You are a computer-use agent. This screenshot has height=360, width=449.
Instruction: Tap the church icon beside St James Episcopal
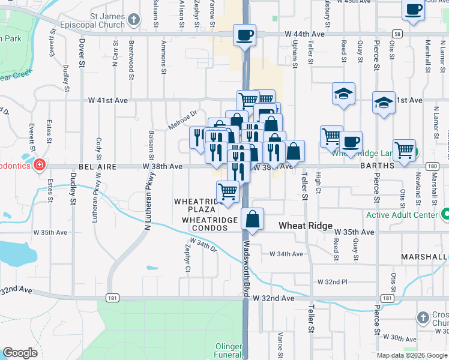pos(134,20)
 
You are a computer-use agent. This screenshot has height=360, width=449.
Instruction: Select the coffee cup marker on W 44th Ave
pos(244,35)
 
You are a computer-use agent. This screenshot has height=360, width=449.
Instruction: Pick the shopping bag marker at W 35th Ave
pos(253,220)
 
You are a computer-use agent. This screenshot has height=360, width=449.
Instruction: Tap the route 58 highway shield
pos(398,34)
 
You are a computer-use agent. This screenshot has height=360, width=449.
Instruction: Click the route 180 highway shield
pos(432,166)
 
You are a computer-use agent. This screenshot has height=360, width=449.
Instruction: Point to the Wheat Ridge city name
pos(305,226)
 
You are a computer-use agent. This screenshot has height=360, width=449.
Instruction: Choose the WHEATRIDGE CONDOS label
pos(210,220)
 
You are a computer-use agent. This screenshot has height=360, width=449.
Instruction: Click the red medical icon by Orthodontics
pos(40,164)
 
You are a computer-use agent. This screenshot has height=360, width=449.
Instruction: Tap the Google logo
pos(20,353)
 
